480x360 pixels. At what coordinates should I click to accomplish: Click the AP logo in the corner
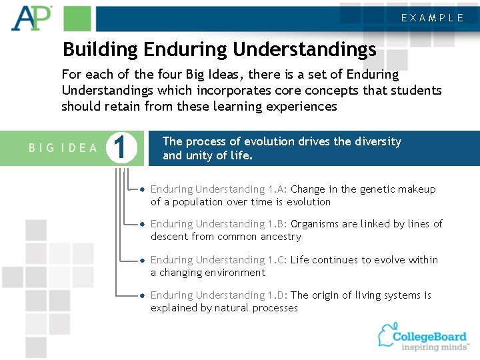(31, 17)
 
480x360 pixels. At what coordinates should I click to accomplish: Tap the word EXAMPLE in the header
(432, 18)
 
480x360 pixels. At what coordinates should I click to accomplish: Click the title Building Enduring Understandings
(219, 49)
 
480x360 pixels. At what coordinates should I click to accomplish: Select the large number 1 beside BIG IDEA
(121, 148)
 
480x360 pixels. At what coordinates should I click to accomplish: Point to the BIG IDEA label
(63, 148)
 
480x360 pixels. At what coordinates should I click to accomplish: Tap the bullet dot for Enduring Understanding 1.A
(143, 190)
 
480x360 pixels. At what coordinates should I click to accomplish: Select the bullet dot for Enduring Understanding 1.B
(143, 225)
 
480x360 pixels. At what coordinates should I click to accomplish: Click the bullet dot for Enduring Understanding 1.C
(143, 260)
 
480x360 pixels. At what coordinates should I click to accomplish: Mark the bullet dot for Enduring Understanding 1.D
(143, 295)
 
